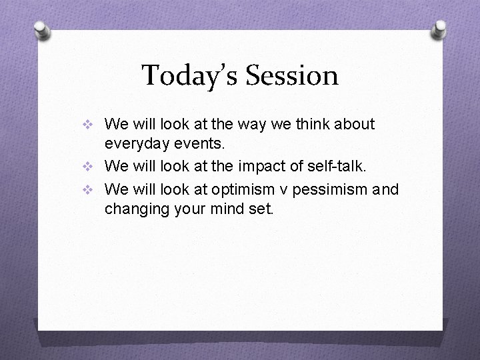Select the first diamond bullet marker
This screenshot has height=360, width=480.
[93, 125]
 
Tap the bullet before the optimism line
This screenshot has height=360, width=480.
[93, 191]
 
